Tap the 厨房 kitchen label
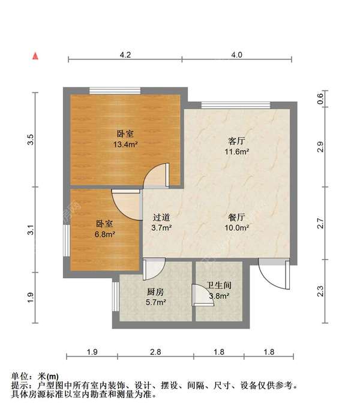pyautogui.click(x=155, y=293)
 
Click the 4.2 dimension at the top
pyautogui.click(x=125, y=55)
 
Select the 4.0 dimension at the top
pyautogui.click(x=236, y=55)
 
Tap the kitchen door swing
pyautogui.click(x=154, y=269)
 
